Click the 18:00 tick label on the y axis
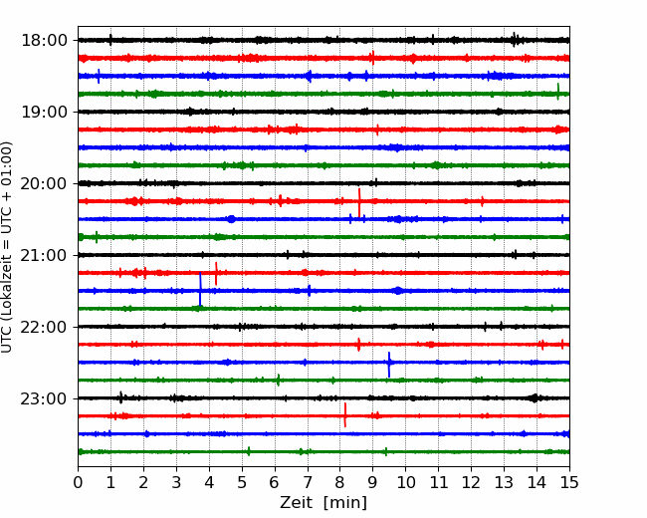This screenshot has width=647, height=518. [44, 41]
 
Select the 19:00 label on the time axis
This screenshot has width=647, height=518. [44, 112]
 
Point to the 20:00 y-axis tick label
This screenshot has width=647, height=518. [44, 184]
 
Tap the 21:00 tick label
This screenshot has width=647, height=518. [44, 255]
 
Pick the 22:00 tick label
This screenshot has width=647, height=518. [44, 327]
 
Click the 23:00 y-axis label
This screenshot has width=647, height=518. [44, 399]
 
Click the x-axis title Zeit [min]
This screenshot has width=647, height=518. [323, 503]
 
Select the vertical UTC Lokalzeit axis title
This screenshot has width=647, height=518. [6, 247]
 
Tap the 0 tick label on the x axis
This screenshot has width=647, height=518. [78, 482]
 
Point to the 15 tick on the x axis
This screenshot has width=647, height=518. [569, 482]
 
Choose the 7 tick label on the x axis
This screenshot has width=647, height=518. [308, 482]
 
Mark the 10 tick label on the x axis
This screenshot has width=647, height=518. [405, 482]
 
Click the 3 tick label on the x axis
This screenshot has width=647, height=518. [176, 482]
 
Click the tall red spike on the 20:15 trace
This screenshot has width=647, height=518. [359, 203]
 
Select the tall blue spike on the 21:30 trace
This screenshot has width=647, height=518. [200, 289]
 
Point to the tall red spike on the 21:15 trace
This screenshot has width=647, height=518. [216, 274]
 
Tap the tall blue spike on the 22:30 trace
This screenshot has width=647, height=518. [388, 365]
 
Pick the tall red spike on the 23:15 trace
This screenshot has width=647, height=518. [345, 414]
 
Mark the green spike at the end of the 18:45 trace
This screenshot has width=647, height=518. [557, 92]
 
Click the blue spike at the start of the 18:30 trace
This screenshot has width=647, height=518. [99, 76]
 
